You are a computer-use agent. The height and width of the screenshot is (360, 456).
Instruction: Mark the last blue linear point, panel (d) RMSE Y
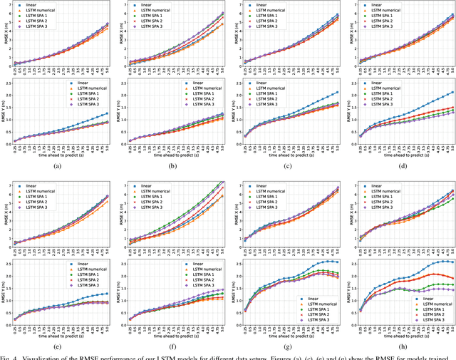[452, 92]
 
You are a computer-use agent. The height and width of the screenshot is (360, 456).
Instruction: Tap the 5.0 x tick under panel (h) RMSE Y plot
[452, 329]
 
